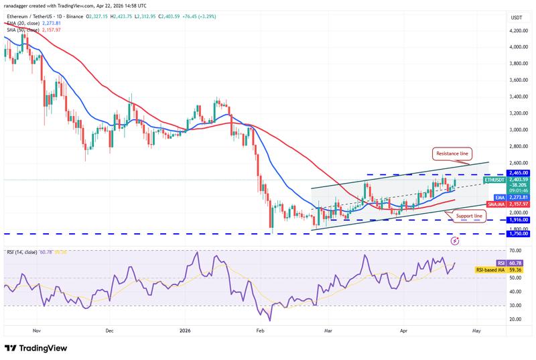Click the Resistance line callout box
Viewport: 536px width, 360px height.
point(453,154)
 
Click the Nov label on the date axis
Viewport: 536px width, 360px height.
point(37,331)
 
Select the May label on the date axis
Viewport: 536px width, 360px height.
point(476,331)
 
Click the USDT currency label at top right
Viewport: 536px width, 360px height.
point(516,17)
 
